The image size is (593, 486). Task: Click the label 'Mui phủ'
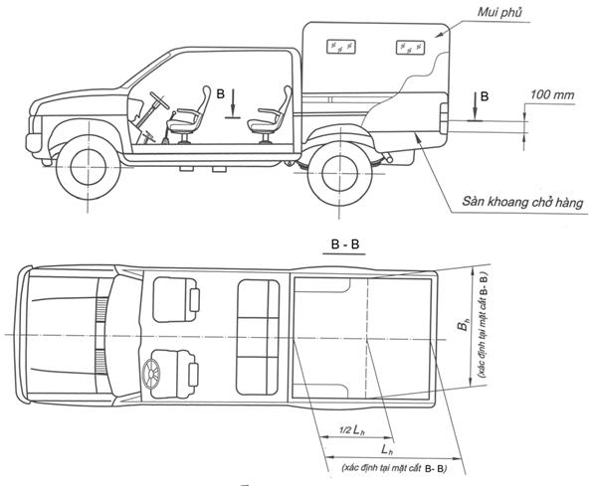pos(499,13)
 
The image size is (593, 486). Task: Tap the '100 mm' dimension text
pos(552,94)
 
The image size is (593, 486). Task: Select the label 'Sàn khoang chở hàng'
pos(522,202)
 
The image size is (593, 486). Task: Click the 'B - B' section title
pos(345,244)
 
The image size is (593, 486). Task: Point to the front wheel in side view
pos(88,167)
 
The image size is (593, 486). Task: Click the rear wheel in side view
pos(339,174)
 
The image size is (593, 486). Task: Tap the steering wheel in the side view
pos(159,99)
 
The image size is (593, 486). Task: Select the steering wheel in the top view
pos(151,374)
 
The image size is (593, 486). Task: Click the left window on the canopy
pos(340,47)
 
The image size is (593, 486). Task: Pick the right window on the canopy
pos(410,48)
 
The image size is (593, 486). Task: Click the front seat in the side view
pos(188,115)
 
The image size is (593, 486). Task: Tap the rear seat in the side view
pos(269,115)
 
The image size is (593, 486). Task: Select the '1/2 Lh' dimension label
pos(352,429)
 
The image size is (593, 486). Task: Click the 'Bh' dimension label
pos(464,325)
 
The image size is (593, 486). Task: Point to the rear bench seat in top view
pos(258,338)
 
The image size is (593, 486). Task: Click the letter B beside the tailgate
pos(485,96)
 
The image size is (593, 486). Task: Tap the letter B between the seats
pos(221,93)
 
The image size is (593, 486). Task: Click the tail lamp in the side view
pos(444,118)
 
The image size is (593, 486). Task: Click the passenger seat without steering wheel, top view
pos(176,300)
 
